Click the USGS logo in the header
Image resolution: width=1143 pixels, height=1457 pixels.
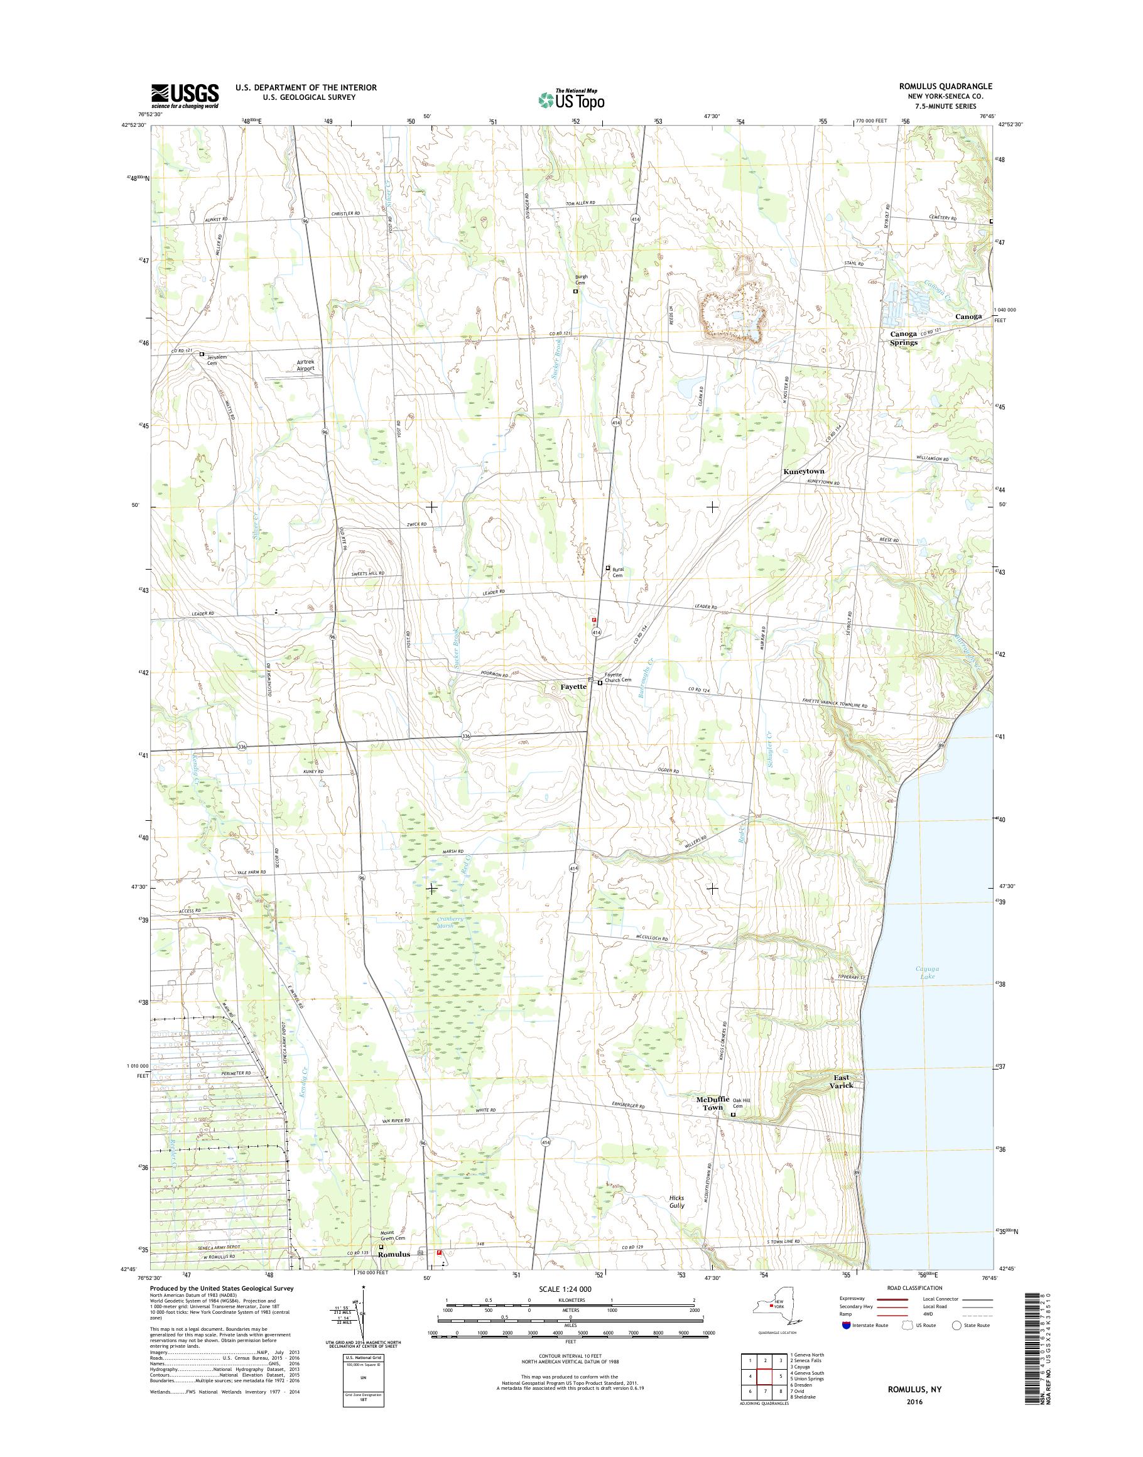click(x=185, y=95)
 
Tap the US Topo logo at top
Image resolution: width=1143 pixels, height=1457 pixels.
click(x=571, y=99)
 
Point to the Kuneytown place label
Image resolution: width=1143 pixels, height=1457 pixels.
click(x=803, y=472)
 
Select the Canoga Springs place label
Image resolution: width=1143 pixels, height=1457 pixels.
click(x=902, y=338)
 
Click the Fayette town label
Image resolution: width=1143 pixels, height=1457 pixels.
click(x=573, y=686)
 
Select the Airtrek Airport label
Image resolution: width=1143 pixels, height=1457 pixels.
click(x=305, y=365)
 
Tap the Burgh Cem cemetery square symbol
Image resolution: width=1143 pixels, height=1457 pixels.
click(x=575, y=292)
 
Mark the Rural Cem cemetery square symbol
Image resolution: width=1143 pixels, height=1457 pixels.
click(x=608, y=568)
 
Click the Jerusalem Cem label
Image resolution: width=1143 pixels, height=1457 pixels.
click(x=221, y=359)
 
